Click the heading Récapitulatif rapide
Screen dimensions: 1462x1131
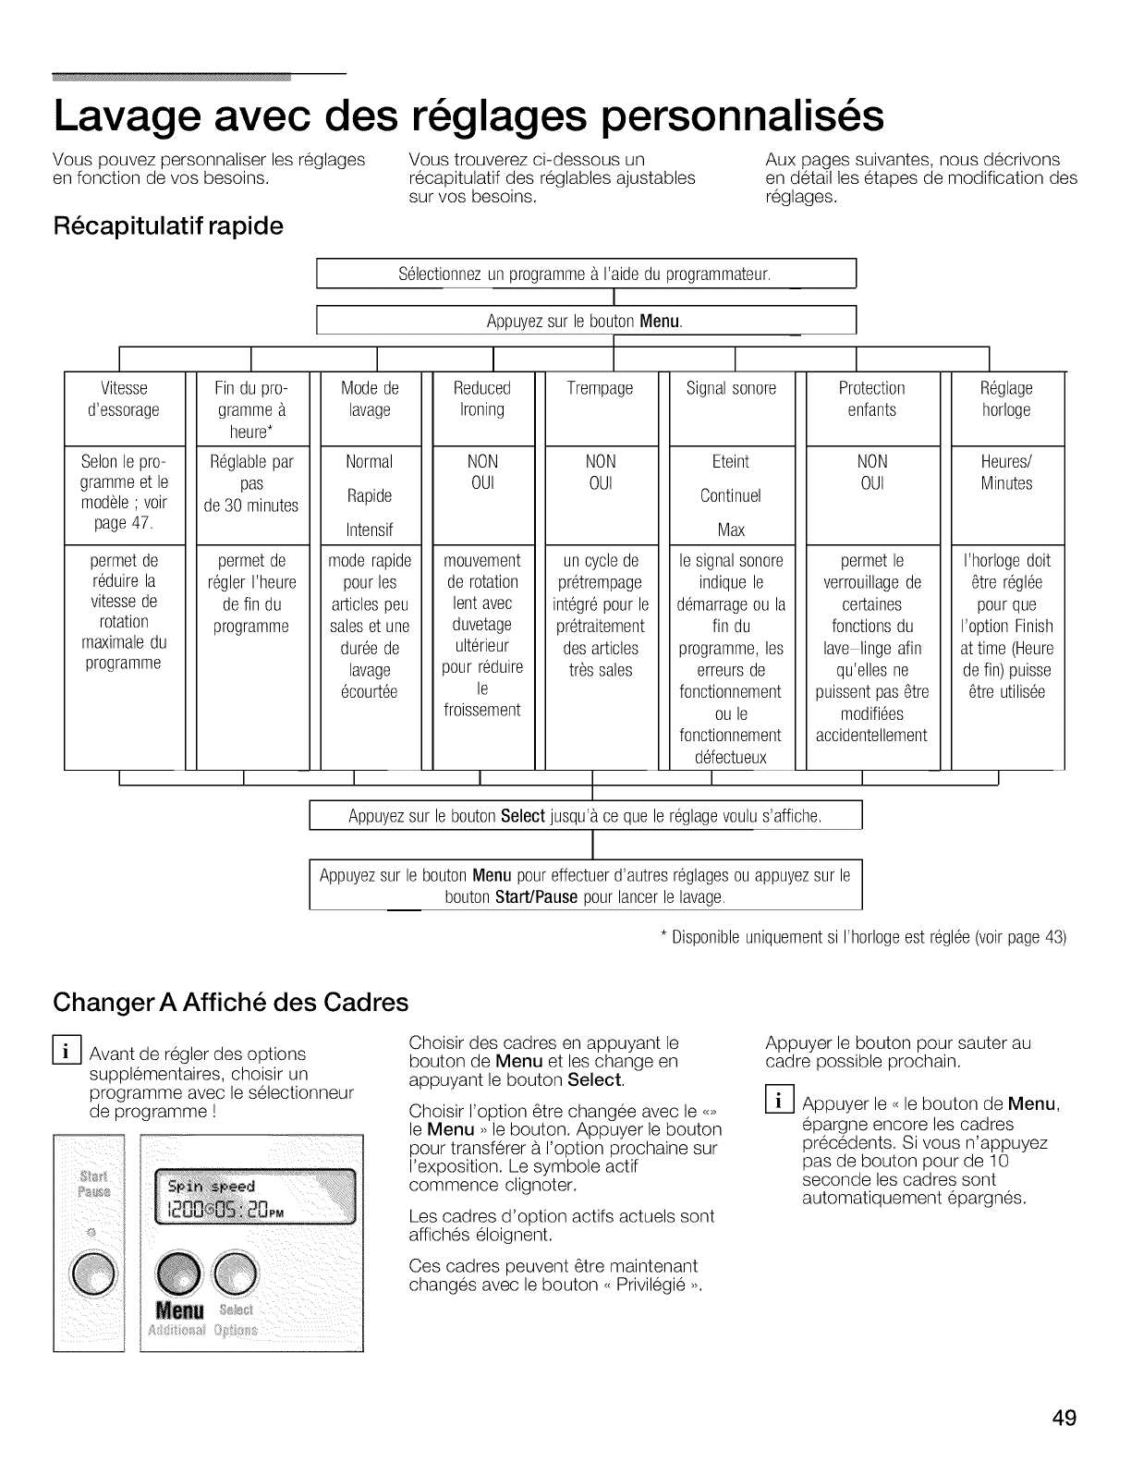point(168,225)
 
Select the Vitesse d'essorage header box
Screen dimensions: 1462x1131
point(124,399)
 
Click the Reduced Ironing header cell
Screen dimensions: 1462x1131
point(482,399)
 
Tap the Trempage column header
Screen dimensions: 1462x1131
point(600,389)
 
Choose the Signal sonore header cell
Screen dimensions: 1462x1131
point(731,389)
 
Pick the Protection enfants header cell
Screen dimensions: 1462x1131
point(871,399)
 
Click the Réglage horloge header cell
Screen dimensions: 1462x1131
point(1005,399)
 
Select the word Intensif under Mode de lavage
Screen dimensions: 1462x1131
point(369,530)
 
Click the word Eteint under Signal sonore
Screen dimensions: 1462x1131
point(731,461)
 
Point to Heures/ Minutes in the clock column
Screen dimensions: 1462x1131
point(1006,472)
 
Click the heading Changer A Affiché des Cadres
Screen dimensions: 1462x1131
point(231,1002)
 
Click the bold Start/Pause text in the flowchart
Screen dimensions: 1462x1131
point(537,897)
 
